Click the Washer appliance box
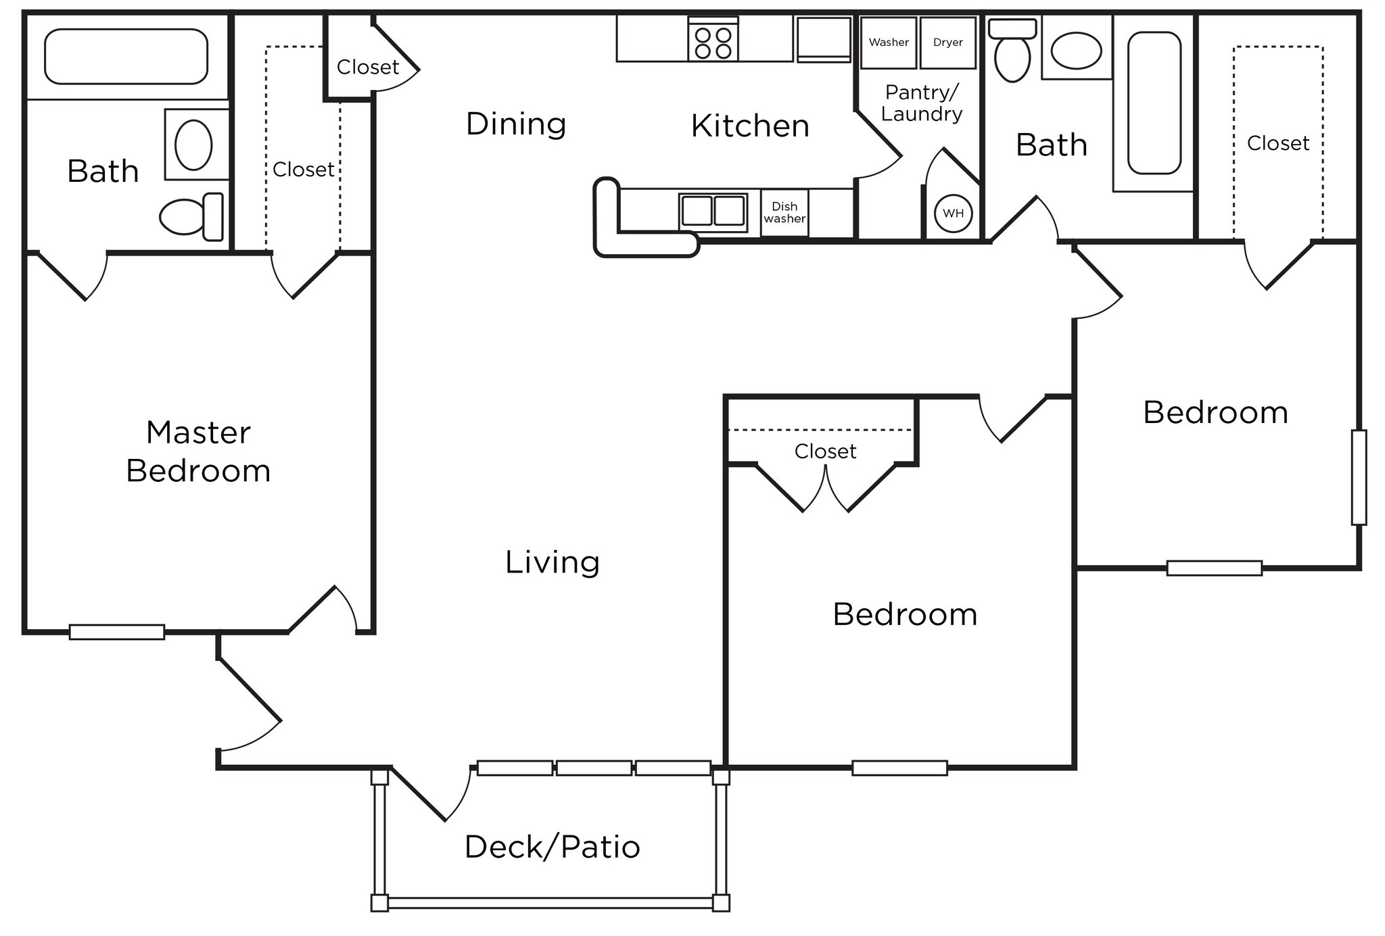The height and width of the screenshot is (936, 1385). [x=888, y=43]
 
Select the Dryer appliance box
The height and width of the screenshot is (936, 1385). [x=947, y=43]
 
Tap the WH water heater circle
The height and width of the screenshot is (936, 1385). [x=953, y=214]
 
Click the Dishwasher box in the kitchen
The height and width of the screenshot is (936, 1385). [x=784, y=213]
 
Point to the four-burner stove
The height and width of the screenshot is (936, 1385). [x=713, y=42]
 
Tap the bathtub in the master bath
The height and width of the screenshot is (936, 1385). [x=126, y=57]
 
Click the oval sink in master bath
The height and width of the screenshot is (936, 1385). [x=193, y=145]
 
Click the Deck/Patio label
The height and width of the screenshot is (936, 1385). [x=552, y=847]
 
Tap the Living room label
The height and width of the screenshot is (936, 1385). [x=552, y=562]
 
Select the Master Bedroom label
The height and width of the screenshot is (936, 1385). [x=198, y=451]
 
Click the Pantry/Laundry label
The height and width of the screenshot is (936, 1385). [x=922, y=103]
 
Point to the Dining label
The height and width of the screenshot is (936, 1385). [x=516, y=124]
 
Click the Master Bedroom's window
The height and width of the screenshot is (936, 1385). [x=117, y=632]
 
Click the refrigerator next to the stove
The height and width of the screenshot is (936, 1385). [x=823, y=39]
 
